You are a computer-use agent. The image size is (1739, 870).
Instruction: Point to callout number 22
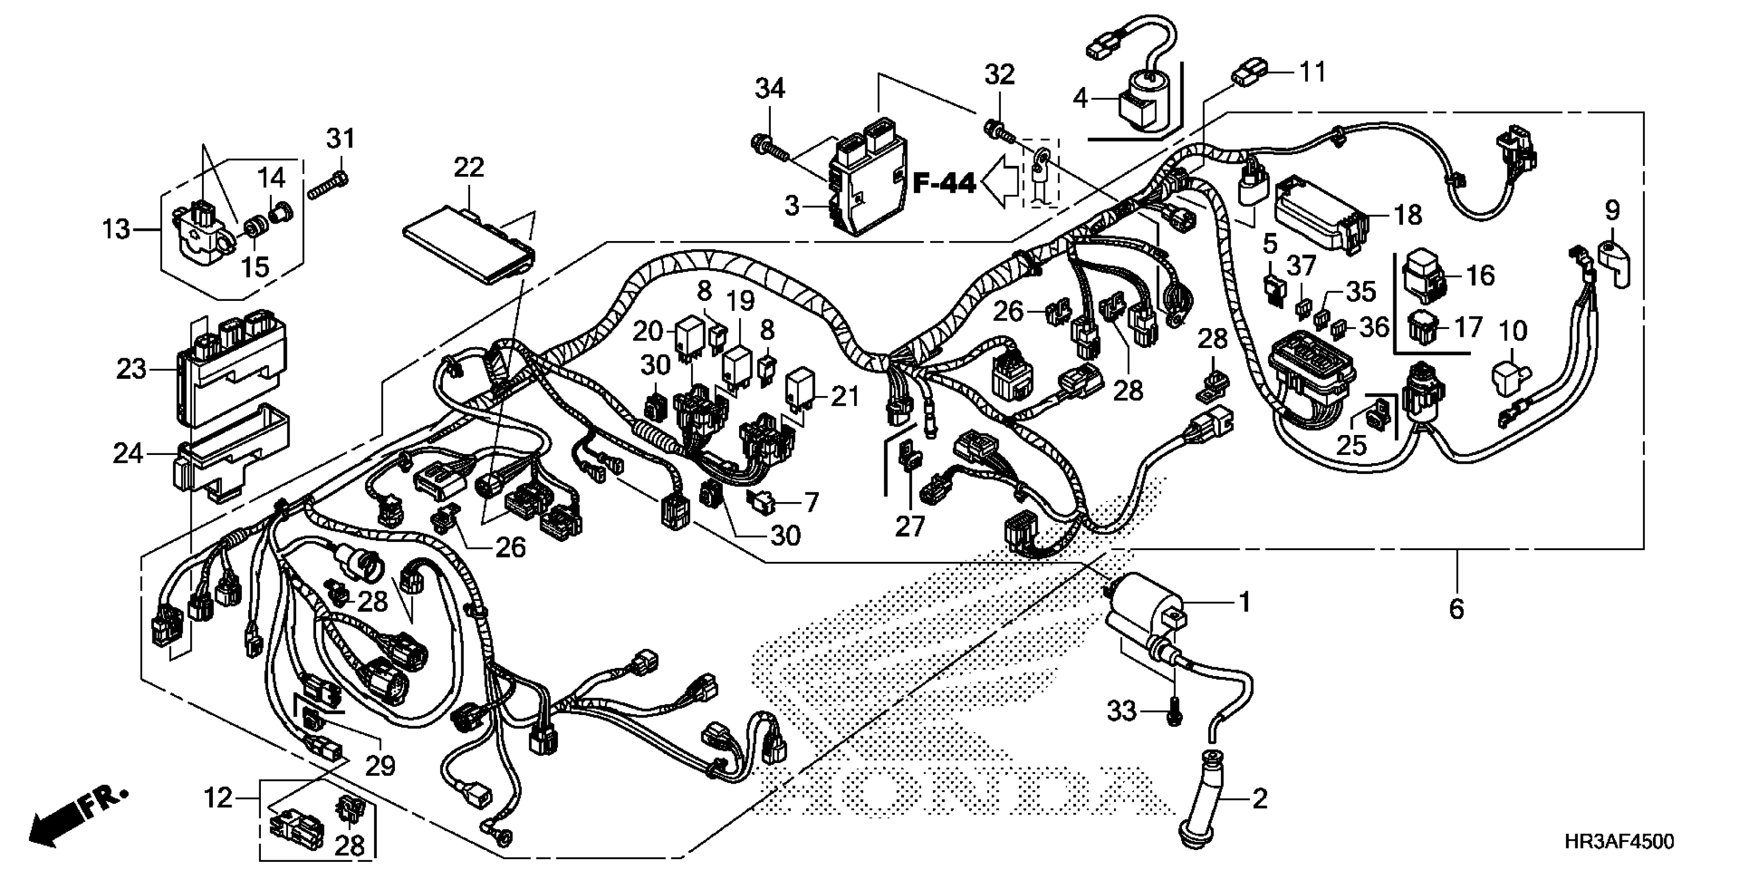[469, 167]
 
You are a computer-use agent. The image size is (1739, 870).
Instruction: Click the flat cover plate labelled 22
[468, 244]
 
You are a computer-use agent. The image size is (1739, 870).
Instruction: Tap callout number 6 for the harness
[1456, 610]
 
